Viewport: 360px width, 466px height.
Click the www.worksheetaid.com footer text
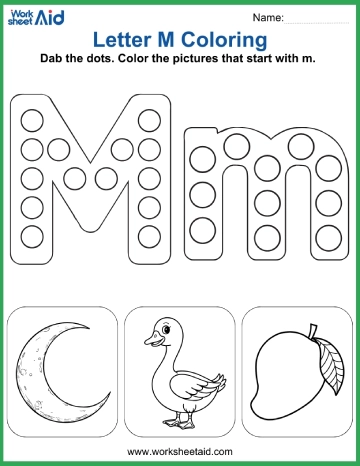(180, 452)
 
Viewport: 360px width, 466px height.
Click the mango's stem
(311, 330)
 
